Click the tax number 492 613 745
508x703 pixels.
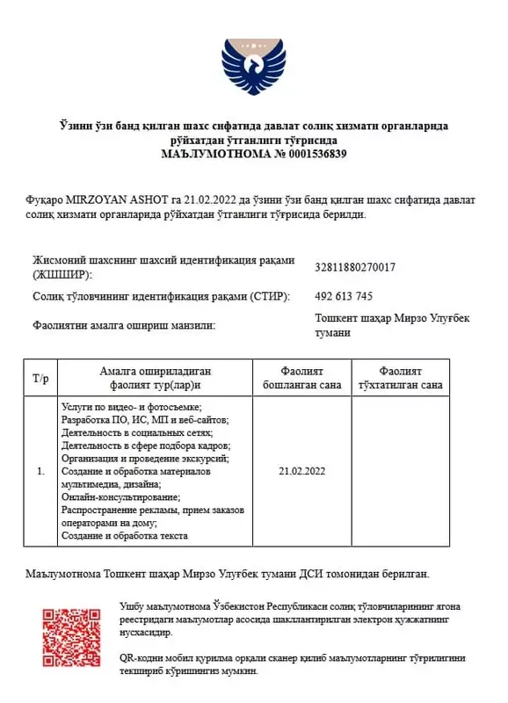pyautogui.click(x=344, y=296)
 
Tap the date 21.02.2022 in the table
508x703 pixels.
pyautogui.click(x=301, y=472)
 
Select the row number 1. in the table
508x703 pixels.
pyautogui.click(x=40, y=472)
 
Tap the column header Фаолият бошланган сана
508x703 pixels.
pyautogui.click(x=301, y=379)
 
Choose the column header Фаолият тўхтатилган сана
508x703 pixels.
pyautogui.click(x=401, y=379)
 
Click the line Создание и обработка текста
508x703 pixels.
pyautogui.click(x=124, y=535)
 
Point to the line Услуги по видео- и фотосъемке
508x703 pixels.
pyautogui.click(x=131, y=407)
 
